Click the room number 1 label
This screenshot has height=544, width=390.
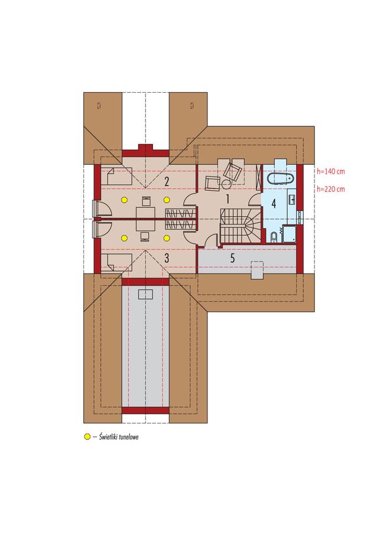point(228,199)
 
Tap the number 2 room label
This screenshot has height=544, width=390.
point(167,181)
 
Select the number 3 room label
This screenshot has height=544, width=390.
point(167,258)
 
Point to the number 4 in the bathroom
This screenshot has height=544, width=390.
point(274,204)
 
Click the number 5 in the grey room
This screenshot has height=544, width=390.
point(232,258)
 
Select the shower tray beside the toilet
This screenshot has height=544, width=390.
point(289,234)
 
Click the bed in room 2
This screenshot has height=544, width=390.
point(116,176)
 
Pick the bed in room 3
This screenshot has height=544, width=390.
point(116,261)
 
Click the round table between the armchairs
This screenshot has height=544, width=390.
point(226,184)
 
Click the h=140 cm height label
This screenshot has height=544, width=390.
point(331,171)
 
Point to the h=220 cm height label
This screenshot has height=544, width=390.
point(331,189)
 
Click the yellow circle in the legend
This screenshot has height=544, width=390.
point(87,437)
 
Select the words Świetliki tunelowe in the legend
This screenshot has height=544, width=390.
point(119,437)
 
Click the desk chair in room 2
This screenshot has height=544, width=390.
point(146,201)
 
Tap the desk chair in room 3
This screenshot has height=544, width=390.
point(145,236)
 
